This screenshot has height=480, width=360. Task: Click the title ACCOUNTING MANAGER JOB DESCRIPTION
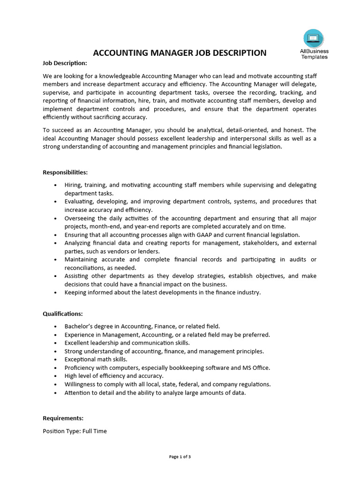180,52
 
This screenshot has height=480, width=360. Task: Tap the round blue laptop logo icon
314,38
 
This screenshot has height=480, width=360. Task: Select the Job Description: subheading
65,63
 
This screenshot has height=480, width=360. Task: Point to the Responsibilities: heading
65,172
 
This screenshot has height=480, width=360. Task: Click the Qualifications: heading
63,314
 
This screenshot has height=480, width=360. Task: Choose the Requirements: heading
63,418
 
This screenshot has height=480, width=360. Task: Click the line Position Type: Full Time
75,431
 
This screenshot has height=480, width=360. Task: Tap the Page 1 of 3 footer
180,457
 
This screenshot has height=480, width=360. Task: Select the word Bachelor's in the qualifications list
79,326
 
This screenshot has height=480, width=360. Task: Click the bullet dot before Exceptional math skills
56,360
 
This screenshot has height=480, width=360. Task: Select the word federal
189,384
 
